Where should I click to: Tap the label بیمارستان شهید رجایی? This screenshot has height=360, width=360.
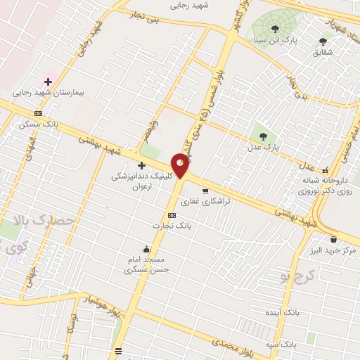[x=47, y=92]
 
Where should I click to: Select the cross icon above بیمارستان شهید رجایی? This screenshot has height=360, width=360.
[x=48, y=82]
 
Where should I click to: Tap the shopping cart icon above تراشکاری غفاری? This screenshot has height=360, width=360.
[x=205, y=191]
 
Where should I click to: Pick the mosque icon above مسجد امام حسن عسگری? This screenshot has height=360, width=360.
[x=146, y=248]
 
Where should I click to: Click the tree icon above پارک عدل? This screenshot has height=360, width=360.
[x=264, y=136]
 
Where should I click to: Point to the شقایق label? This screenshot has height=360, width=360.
[x=323, y=52]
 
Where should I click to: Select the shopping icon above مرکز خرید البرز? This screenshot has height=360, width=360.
[x=333, y=239]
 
